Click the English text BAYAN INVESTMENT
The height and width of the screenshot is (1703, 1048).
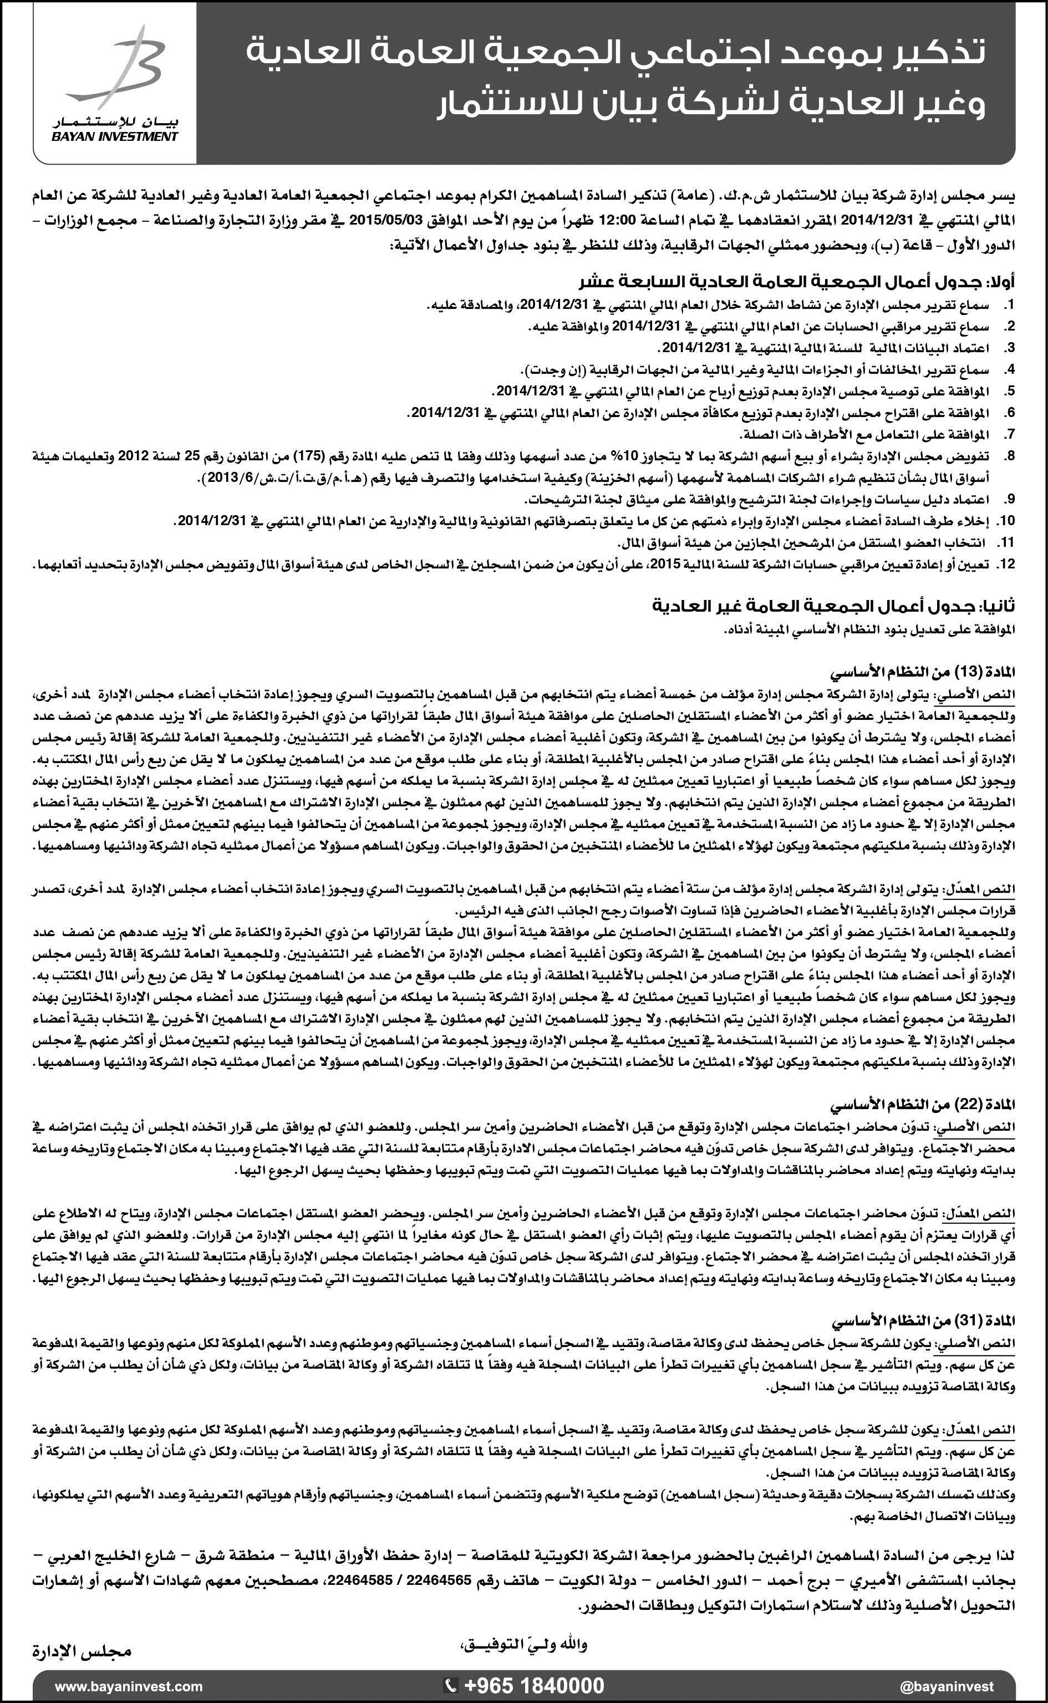[114, 136]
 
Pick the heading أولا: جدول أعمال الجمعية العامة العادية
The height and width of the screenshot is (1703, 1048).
[797, 282]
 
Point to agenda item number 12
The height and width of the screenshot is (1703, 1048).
[1006, 564]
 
